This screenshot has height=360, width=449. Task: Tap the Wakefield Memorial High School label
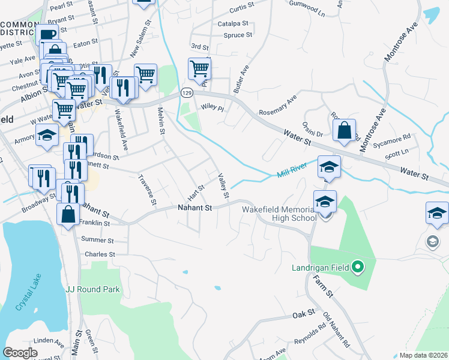[279, 214]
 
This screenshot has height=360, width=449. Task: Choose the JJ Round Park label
[93, 289]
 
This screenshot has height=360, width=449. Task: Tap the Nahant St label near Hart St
[195, 208]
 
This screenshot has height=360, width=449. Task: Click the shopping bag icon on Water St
[345, 130]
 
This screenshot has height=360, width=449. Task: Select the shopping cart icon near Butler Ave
[199, 68]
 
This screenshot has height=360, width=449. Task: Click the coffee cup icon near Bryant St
[47, 34]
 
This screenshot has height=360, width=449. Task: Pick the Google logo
[20, 353]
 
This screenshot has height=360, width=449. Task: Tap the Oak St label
[303, 313]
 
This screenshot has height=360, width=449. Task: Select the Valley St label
[224, 186]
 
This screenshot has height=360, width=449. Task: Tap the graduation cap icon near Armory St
[47, 135]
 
